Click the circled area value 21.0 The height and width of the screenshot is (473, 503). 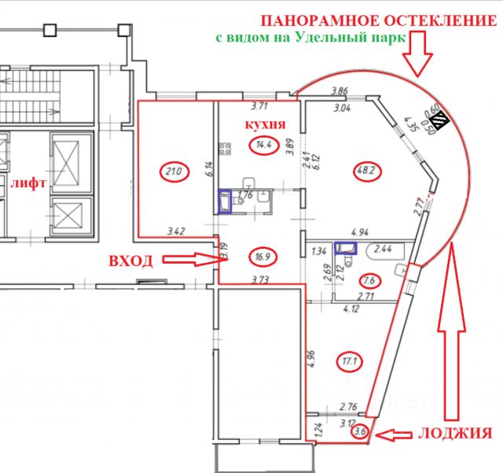[x=174, y=172]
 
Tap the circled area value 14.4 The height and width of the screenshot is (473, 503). [x=264, y=146]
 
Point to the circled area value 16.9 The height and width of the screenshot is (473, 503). [x=263, y=257]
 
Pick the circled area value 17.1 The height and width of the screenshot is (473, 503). [x=350, y=361]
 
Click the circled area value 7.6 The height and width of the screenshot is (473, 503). [x=369, y=280]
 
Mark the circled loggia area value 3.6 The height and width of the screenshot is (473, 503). [x=361, y=431]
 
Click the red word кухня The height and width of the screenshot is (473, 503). [x=266, y=124]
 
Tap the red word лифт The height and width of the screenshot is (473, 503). [x=29, y=183]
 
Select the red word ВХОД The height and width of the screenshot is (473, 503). [x=131, y=261]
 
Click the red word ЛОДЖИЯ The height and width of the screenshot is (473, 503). [x=455, y=434]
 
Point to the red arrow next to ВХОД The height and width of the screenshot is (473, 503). [x=196, y=259]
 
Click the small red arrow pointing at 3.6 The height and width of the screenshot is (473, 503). [x=393, y=435]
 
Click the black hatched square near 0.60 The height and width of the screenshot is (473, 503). [x=441, y=119]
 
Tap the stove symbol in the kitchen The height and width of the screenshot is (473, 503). [x=225, y=149]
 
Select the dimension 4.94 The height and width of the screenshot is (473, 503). [x=360, y=231]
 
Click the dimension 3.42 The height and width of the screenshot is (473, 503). [x=176, y=231]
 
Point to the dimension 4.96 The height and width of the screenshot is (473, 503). [x=311, y=359]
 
